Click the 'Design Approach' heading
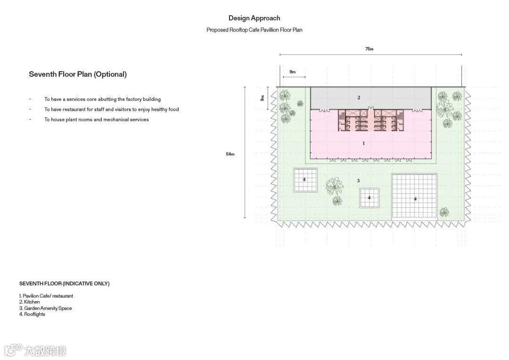[254, 18]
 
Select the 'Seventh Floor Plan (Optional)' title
[78, 74]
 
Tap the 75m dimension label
[369, 49]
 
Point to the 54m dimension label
[230, 154]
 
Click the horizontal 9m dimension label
[293, 72]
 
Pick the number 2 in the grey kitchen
[359, 98]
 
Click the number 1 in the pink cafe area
[363, 143]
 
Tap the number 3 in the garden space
[358, 180]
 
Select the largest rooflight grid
[414, 196]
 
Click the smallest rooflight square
[369, 198]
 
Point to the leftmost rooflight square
[304, 180]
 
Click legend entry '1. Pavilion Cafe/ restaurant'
[46, 296]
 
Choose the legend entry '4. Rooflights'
[32, 314]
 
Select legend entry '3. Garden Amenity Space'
[45, 308]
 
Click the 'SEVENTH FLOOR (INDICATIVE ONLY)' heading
[64, 284]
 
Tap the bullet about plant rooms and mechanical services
[97, 120]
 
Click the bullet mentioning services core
[102, 99]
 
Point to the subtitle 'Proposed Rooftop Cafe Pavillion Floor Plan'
[254, 30]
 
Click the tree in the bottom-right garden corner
[444, 212]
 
